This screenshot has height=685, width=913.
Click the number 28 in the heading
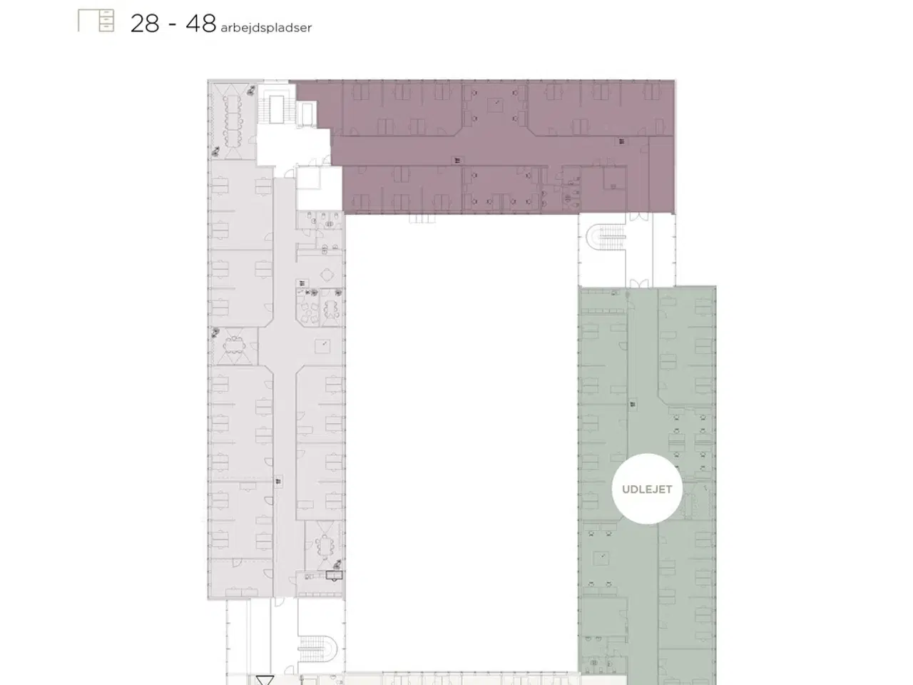coord(145,24)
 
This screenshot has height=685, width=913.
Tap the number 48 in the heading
coord(201,24)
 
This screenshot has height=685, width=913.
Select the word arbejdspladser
coord(266,28)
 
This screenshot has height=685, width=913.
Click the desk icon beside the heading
coord(96,21)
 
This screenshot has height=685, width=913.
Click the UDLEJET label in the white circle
coord(647,489)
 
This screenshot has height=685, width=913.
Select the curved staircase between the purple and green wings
coord(606,237)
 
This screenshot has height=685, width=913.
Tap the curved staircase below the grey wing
coord(318,649)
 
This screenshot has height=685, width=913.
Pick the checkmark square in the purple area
coord(496,105)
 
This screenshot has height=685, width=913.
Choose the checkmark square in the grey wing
coord(322,346)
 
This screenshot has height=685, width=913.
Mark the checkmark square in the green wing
coord(602,558)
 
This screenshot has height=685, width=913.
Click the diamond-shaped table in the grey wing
coord(328,275)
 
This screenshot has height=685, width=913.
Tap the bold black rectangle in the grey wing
coord(334,576)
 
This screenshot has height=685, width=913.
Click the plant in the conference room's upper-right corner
coord(251,90)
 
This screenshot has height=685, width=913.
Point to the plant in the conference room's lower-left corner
coord(215,151)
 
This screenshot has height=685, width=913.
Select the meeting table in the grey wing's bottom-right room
coord(325,545)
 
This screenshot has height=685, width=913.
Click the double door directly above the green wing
coord(638,284)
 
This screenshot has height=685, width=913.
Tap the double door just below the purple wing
coord(638,217)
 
